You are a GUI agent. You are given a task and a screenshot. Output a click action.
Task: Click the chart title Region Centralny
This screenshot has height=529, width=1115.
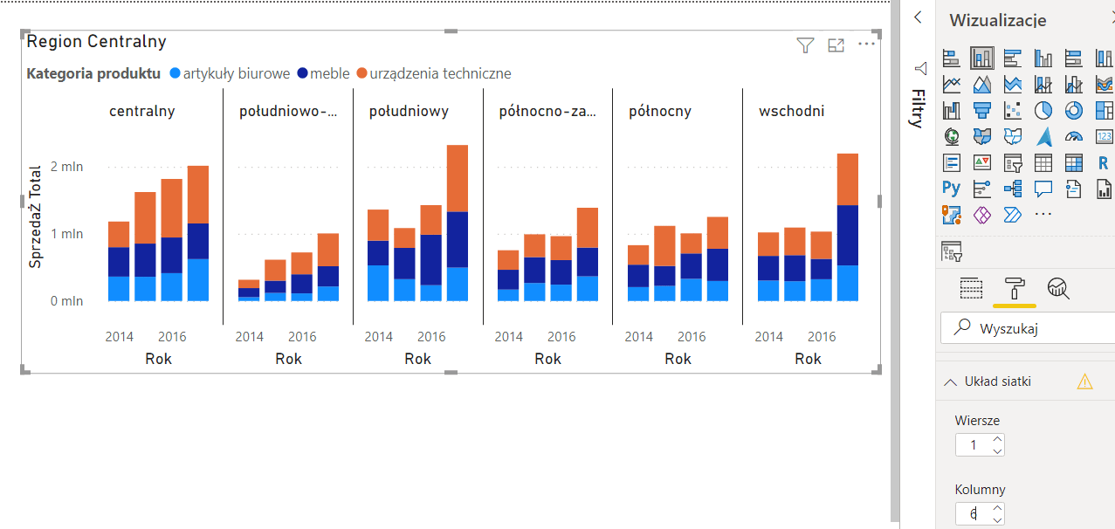96,42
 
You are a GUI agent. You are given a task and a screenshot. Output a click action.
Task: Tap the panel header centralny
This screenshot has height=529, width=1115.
141,111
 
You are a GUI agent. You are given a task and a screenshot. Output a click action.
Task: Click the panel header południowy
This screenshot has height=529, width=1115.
409,111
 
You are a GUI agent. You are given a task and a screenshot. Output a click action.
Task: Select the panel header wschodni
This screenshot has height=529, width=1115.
791,111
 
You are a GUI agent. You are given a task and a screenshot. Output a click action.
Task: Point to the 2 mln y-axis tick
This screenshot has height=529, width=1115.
67,167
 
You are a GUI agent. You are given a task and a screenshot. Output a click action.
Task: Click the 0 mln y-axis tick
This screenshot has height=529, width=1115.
67,301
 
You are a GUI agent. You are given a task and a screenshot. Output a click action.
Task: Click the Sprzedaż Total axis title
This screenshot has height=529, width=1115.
36,217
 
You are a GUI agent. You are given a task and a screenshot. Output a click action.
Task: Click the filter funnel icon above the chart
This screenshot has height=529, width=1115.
805,45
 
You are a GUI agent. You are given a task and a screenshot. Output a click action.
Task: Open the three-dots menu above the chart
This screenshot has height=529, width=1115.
866,44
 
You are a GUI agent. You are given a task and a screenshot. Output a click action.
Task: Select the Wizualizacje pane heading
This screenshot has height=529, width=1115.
997,20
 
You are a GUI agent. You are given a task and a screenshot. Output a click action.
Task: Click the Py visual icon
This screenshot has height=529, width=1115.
952,188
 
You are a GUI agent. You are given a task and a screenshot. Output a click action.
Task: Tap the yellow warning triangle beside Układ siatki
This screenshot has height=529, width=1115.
1084,381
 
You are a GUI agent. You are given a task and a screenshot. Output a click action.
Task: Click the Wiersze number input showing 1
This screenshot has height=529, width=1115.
974,445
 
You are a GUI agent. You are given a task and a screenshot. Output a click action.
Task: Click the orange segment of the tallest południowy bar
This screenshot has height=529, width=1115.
457,178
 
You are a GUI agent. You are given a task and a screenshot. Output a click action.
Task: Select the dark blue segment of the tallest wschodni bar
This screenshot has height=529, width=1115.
847,235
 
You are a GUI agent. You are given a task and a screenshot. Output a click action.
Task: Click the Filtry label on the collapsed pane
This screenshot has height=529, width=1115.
917,107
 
